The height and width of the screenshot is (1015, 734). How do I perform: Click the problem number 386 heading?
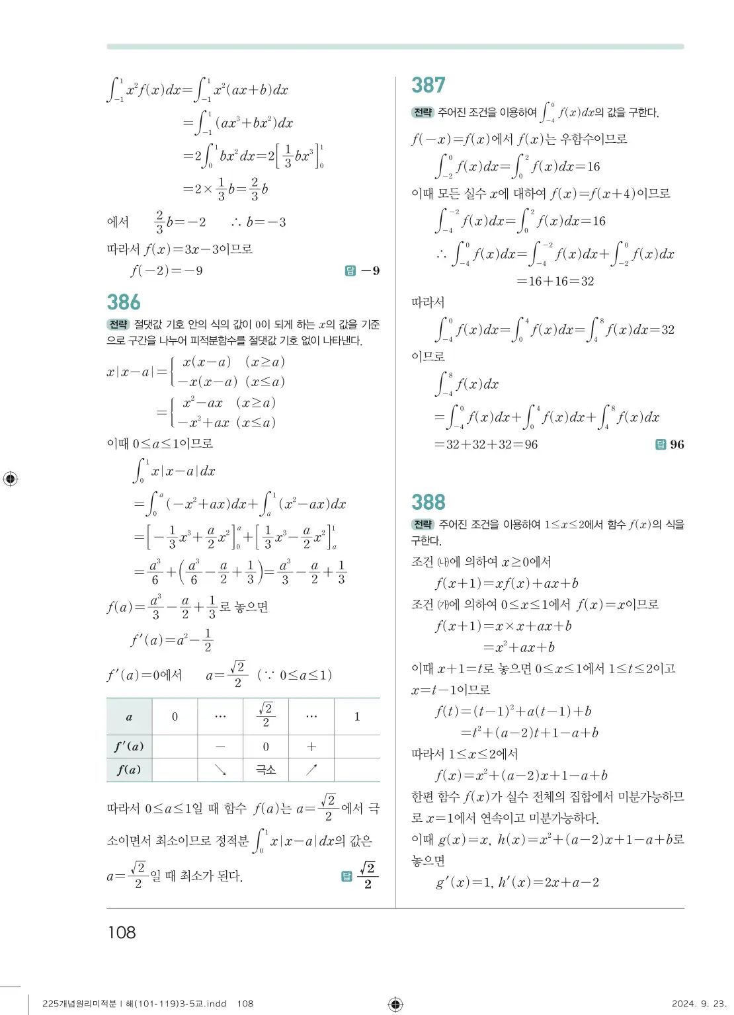click(124, 302)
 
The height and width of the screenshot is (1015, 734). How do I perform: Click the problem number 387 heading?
click(428, 85)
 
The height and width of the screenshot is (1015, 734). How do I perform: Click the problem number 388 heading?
click(428, 503)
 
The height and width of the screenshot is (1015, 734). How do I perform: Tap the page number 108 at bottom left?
click(122, 932)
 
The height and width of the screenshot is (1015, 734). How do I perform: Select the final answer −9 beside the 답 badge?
click(370, 270)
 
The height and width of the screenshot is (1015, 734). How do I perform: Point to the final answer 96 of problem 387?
click(676, 444)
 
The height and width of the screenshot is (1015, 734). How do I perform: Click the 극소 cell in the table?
click(266, 770)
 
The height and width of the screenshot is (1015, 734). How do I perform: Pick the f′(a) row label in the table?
click(129, 747)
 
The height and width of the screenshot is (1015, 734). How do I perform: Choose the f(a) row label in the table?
click(129, 770)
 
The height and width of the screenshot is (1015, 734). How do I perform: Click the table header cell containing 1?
click(357, 717)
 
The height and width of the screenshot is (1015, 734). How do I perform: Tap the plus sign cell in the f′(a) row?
click(311, 747)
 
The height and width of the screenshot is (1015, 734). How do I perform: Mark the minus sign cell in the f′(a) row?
click(220, 747)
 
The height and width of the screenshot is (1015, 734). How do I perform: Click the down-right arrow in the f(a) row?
click(220, 770)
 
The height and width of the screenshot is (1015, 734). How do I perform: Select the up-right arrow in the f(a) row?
click(311, 770)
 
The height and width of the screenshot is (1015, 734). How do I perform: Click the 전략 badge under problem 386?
click(118, 324)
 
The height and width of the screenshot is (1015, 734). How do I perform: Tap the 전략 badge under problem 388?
click(423, 524)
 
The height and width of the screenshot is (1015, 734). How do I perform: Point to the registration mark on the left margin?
click(11, 479)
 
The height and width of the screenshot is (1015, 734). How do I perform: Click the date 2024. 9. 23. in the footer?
click(698, 1004)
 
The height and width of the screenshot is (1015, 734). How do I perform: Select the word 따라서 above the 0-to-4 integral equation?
click(428, 302)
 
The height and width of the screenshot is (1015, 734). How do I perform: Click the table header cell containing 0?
click(175, 717)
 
